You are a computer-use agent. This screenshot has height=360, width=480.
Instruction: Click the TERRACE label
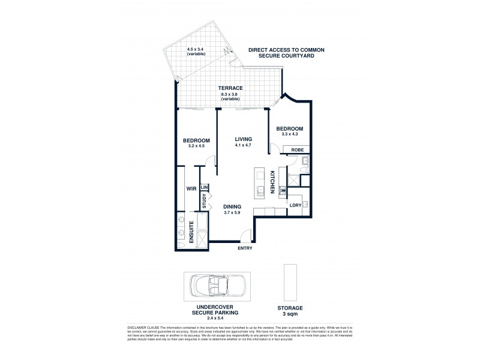(x=230, y=88)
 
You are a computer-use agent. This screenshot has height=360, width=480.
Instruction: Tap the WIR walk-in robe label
(x=191, y=188)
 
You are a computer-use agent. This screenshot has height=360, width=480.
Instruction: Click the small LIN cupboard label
(x=204, y=187)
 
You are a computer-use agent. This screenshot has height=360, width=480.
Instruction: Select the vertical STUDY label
(x=204, y=201)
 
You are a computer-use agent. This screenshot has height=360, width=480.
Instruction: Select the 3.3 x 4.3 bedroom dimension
(x=290, y=134)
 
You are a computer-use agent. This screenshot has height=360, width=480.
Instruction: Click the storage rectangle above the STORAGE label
(x=286, y=281)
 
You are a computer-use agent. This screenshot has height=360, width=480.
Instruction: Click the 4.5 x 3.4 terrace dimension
(x=196, y=50)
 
